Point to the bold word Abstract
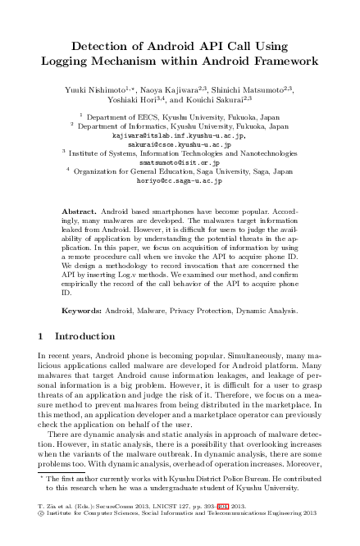point(79,211)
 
